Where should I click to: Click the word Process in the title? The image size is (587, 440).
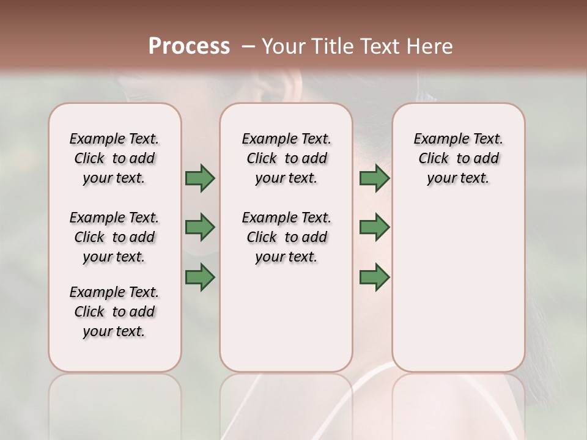pos(189,46)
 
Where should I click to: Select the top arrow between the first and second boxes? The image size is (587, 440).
pos(200,178)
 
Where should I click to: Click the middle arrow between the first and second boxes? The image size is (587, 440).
pos(200,227)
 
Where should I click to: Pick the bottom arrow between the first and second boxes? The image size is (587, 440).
pos(200,277)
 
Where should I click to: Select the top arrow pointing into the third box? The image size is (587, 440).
pos(374,178)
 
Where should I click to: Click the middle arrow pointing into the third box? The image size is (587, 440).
pos(374,227)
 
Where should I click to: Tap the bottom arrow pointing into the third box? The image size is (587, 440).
pos(374,277)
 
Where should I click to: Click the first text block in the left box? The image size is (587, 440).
pos(114,158)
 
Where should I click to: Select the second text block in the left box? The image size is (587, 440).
pos(114,237)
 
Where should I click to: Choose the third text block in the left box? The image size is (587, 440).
pos(114,312)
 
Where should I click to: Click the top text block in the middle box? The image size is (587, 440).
pos(286,158)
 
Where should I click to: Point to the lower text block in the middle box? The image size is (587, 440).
pos(286,237)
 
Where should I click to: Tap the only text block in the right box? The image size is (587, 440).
pos(458,158)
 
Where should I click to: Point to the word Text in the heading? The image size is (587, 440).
pos(380,46)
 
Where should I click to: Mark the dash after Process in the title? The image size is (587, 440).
pos(248,46)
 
